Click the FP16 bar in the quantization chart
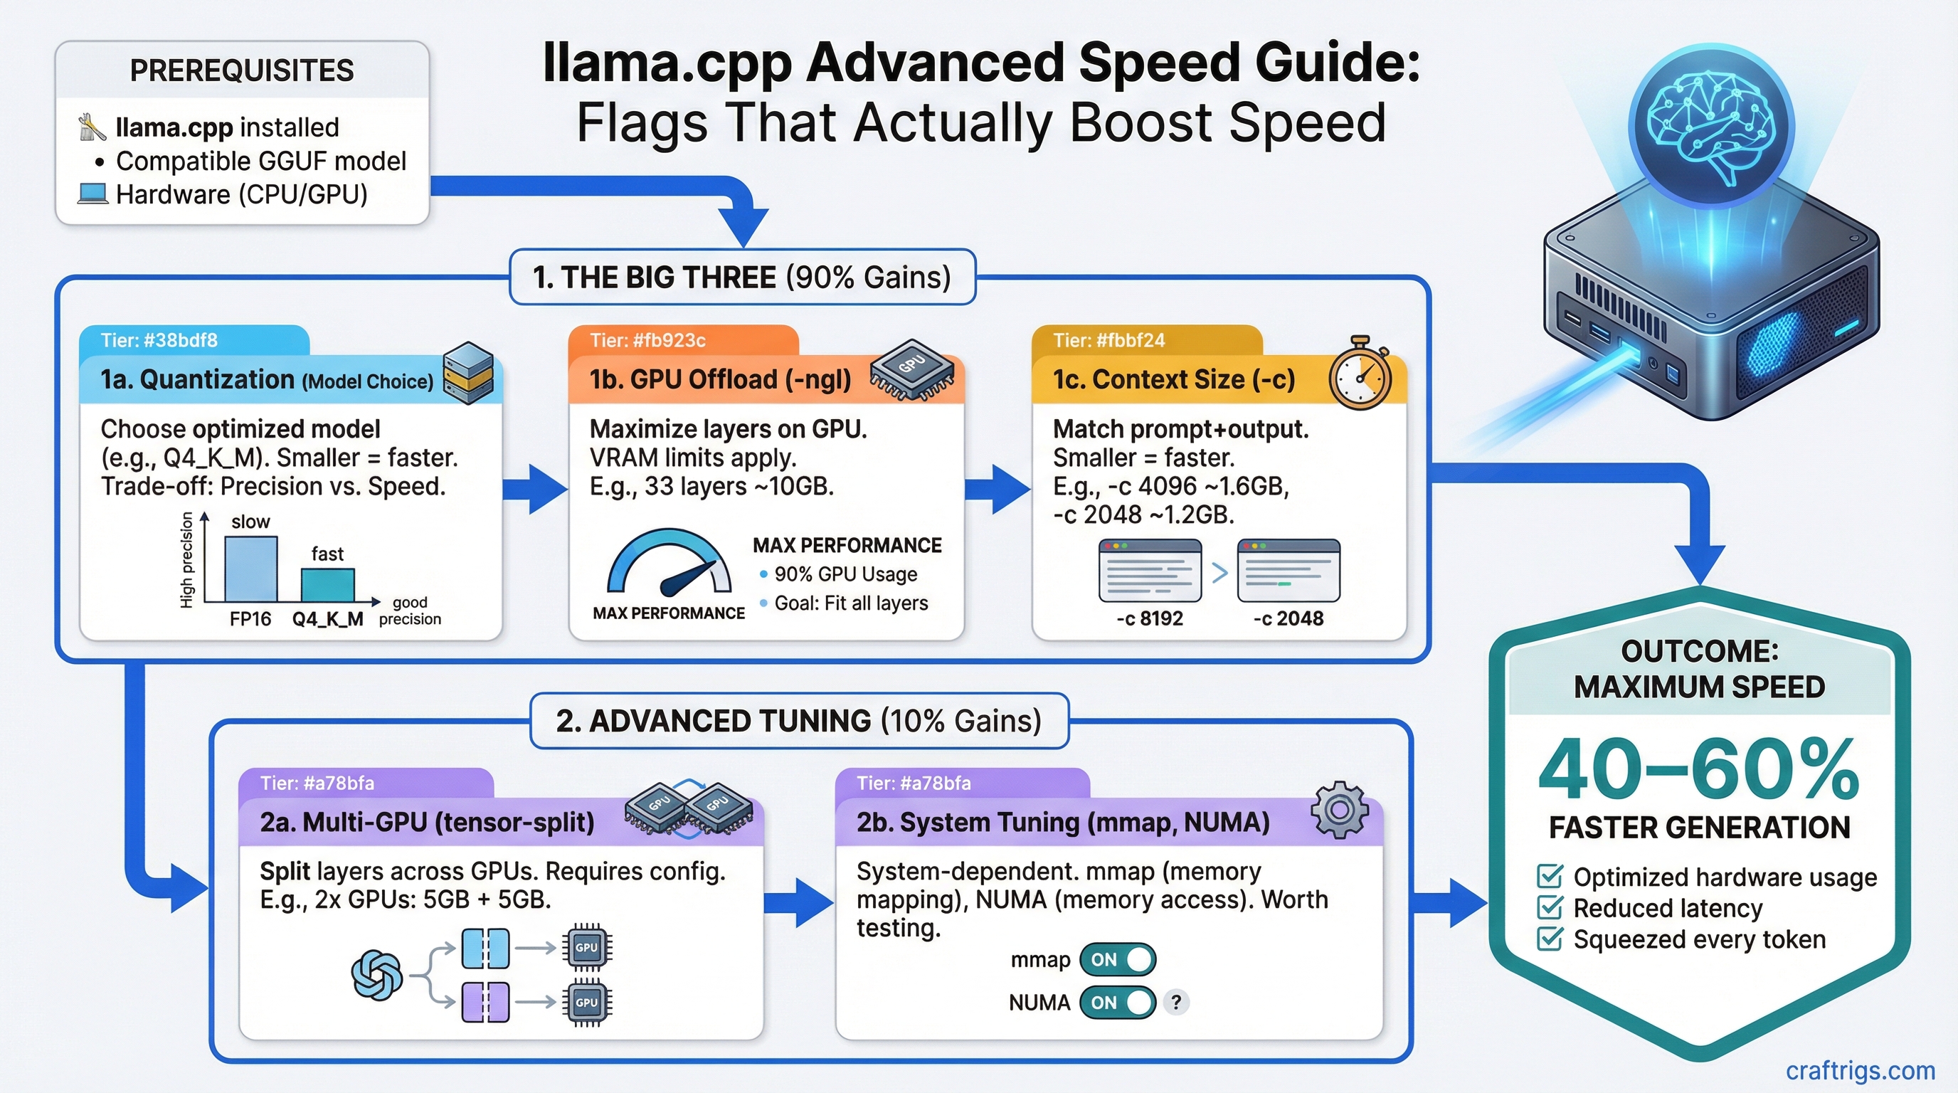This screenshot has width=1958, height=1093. pyautogui.click(x=251, y=570)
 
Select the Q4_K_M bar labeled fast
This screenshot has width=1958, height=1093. pyautogui.click(x=327, y=585)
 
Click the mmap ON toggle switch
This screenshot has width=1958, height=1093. pyautogui.click(x=1117, y=960)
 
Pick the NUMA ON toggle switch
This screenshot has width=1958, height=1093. pyautogui.click(x=1117, y=1003)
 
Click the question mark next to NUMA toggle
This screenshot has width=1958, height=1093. pyautogui.click(x=1176, y=1003)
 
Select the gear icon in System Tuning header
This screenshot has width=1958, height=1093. pyautogui.click(x=1339, y=810)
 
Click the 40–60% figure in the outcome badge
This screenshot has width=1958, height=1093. pyautogui.click(x=1699, y=769)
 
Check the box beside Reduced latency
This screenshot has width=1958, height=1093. pyautogui.click(x=1549, y=907)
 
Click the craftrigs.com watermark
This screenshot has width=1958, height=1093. pyautogui.click(x=1860, y=1070)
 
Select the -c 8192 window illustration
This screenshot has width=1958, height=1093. pyautogui.click(x=1150, y=570)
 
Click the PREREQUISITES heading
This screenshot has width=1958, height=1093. pyautogui.click(x=242, y=70)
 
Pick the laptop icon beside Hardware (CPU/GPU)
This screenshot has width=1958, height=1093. pyautogui.click(x=92, y=194)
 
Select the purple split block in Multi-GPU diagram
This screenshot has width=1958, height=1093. pyautogui.click(x=486, y=1002)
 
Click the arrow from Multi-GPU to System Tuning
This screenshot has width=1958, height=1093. pyautogui.click(x=798, y=902)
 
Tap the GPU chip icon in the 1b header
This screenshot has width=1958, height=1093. pyautogui.click(x=911, y=369)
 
